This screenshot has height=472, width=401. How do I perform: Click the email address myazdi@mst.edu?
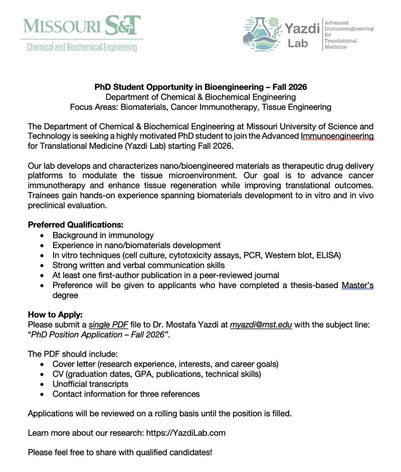261,325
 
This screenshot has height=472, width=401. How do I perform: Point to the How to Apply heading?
55,315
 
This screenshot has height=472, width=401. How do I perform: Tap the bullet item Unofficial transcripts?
90,384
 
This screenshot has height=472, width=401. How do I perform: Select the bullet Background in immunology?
103,235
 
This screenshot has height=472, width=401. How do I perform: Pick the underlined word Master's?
357,286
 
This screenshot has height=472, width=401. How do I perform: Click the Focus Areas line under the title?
200,107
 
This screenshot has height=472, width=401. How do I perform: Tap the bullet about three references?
126,394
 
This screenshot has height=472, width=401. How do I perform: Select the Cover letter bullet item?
165,364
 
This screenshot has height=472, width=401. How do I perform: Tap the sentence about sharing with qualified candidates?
120,452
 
